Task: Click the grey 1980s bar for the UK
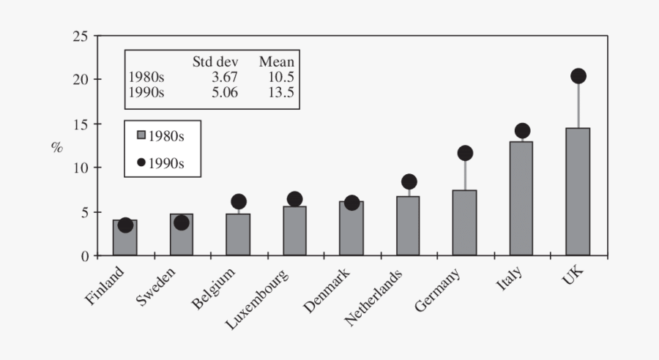[578, 192]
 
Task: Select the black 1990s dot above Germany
[465, 153]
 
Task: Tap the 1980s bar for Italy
[521, 198]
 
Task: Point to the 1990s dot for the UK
[578, 76]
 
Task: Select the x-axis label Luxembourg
[256, 300]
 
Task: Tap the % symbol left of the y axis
[57, 146]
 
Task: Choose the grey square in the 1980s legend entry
[141, 135]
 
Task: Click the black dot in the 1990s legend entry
[141, 162]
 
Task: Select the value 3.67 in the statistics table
[225, 78]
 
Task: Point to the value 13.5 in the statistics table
[280, 93]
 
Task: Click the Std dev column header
[215, 62]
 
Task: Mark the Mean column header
[276, 62]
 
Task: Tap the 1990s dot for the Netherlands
[409, 181]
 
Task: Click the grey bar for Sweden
[182, 235]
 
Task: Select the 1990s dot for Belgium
[239, 201]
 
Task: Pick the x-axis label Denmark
[327, 291]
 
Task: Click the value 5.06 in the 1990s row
[225, 93]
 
